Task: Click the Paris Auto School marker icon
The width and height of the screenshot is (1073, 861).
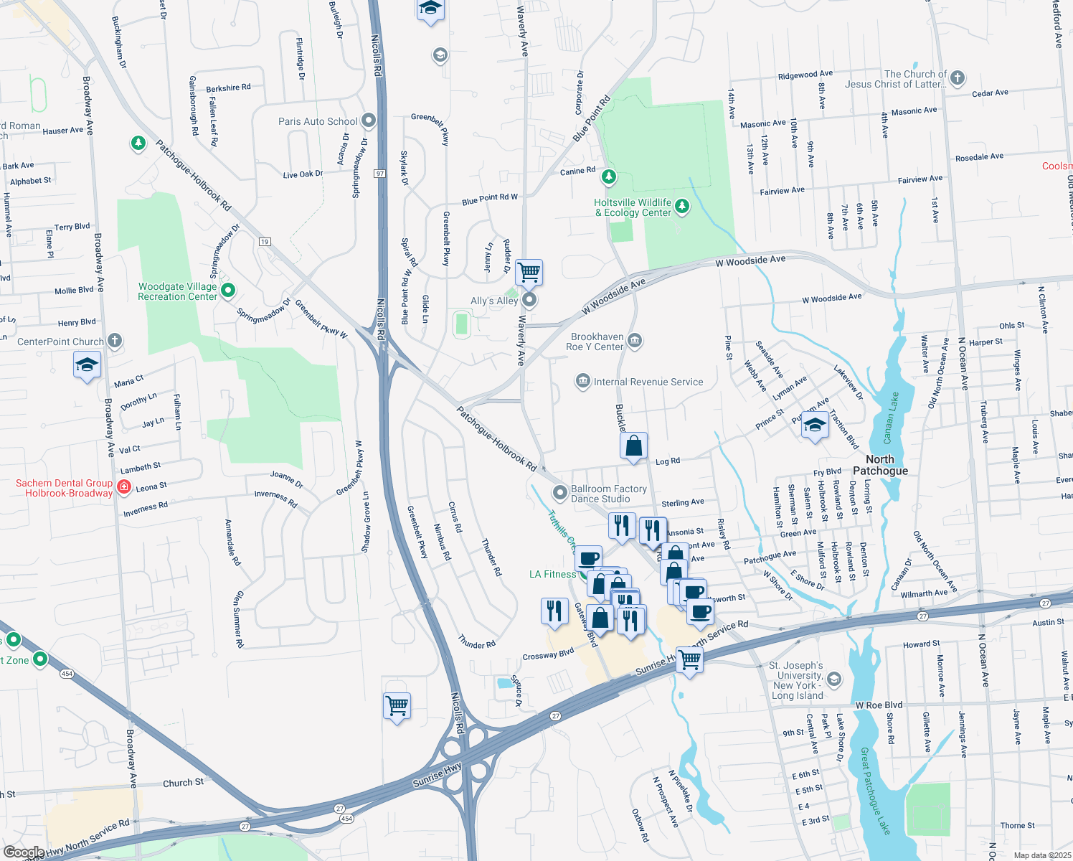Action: pyautogui.click(x=369, y=121)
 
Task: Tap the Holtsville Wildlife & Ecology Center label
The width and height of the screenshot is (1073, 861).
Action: pyautogui.click(x=633, y=208)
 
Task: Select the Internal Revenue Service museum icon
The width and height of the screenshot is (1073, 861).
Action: pyautogui.click(x=583, y=381)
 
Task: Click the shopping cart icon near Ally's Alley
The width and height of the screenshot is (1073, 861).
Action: pyautogui.click(x=529, y=272)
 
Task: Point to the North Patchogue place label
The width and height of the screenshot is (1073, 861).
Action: pyautogui.click(x=880, y=465)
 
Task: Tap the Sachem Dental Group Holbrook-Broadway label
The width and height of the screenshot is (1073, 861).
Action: pyautogui.click(x=65, y=488)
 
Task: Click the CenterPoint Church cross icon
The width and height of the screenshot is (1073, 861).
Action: pyautogui.click(x=115, y=341)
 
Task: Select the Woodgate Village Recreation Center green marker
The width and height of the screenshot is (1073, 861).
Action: pyautogui.click(x=228, y=291)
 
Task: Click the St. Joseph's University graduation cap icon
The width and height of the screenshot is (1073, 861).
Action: pyautogui.click(x=833, y=678)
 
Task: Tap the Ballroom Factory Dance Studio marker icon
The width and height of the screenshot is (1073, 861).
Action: pyautogui.click(x=559, y=493)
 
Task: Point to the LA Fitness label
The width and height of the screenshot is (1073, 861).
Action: pyautogui.click(x=552, y=574)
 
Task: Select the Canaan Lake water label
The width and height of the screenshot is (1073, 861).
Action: pyautogui.click(x=890, y=418)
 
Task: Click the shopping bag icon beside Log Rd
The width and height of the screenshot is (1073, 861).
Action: pyautogui.click(x=634, y=446)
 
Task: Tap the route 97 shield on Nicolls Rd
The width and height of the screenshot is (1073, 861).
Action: pyautogui.click(x=379, y=174)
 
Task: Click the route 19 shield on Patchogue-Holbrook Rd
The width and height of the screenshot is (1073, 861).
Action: pyautogui.click(x=265, y=242)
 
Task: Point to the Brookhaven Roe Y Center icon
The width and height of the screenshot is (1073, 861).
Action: pyautogui.click(x=634, y=340)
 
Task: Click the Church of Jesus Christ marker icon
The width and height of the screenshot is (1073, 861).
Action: pyautogui.click(x=957, y=78)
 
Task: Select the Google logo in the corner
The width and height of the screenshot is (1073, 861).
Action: pyautogui.click(x=24, y=852)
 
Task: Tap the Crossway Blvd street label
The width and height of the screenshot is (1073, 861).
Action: pyautogui.click(x=548, y=655)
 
